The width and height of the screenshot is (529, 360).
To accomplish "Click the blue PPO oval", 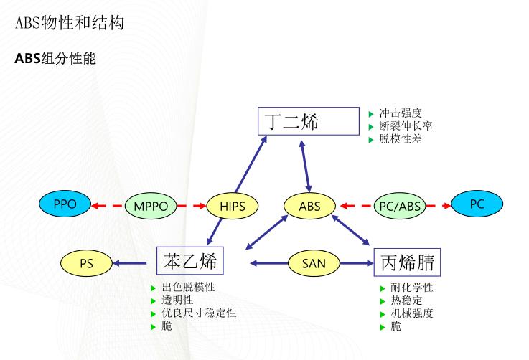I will tap(65, 204).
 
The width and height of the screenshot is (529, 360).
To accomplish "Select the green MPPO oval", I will tap(151, 207).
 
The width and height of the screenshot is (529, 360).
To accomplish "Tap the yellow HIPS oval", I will tap(231, 207).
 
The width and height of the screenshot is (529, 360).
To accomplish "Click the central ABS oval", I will tap(311, 207).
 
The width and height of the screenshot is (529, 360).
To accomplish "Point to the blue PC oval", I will tap(477, 204).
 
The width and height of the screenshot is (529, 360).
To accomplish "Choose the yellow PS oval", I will tap(87, 263).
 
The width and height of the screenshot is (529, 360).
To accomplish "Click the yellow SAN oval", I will tap(314, 263).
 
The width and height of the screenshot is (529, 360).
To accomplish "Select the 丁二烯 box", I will tap(307, 120).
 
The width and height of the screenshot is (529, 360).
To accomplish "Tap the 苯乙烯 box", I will tap(190, 260).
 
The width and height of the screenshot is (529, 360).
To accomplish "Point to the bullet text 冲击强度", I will tap(400, 113).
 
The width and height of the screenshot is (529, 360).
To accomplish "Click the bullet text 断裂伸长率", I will tap(406, 126).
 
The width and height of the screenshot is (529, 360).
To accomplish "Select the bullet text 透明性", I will tap(177, 300).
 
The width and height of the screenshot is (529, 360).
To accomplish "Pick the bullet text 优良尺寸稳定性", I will tap(199, 313).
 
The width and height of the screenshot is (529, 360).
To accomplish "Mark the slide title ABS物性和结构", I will tap(70, 23).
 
